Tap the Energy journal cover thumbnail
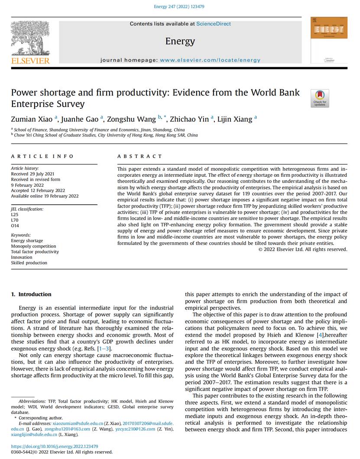click(329, 39)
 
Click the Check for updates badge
click(320, 98)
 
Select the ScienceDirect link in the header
click(214, 24)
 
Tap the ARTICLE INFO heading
click(42, 156)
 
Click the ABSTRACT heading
click(140, 156)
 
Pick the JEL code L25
click(15, 215)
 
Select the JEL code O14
click(15, 225)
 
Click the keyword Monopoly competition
click(33, 246)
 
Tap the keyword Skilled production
click(29, 263)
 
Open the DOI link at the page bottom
click(55, 446)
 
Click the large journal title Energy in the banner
click(180, 41)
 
